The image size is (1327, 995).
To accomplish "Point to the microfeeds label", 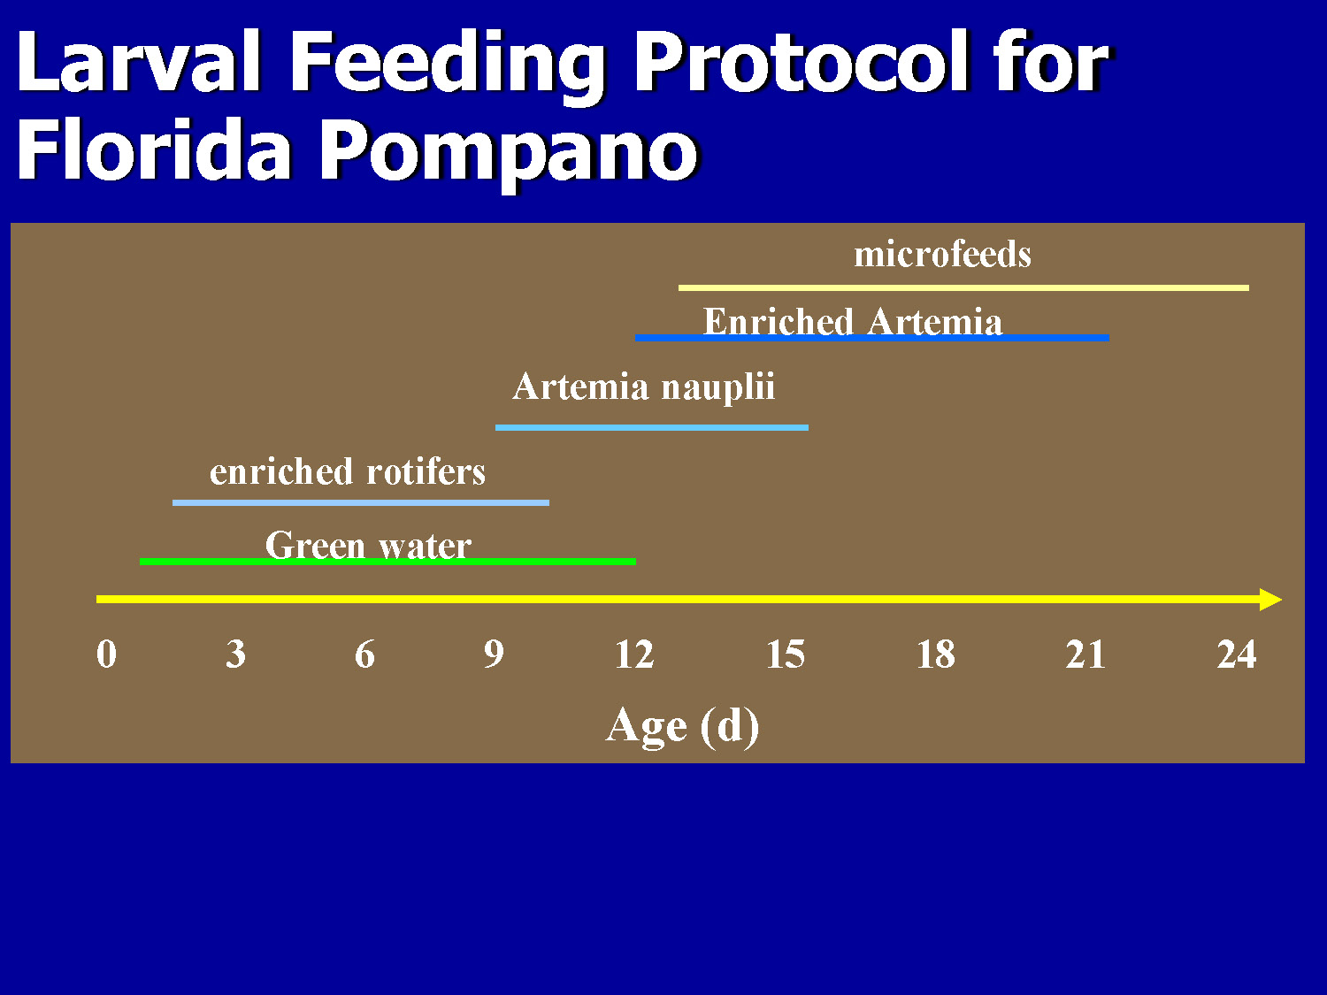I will (942, 255).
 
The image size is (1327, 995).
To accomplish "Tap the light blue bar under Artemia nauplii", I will (652, 427).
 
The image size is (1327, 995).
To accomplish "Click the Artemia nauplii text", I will (643, 387).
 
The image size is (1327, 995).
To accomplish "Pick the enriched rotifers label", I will (348, 471).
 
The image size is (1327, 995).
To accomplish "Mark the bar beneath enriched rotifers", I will (360, 502).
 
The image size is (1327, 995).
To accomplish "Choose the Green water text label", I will (368, 545).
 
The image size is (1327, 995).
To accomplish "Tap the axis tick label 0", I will (106, 654).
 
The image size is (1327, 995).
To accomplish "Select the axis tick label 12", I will (634, 654).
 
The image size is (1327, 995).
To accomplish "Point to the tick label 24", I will (1236, 654).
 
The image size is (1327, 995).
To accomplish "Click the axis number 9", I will (494, 654).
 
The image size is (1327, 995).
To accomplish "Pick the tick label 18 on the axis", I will (936, 654).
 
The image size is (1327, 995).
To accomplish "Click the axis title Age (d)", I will (682, 726).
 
